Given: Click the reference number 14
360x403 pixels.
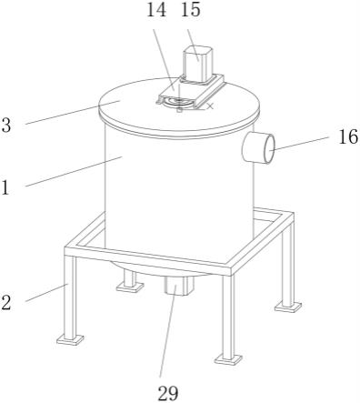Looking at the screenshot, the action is [156, 10].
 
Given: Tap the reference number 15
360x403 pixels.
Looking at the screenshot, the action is [191, 10].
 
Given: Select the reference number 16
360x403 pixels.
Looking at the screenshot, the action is [348, 136].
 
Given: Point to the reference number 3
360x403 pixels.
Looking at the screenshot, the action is [6, 125].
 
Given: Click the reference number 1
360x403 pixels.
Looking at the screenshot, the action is [5, 187].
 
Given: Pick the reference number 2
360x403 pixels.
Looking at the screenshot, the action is [6, 302].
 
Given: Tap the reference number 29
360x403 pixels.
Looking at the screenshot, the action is [168, 393].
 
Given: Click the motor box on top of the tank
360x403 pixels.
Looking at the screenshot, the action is [197, 64].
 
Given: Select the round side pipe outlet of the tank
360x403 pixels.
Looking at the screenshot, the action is [258, 148].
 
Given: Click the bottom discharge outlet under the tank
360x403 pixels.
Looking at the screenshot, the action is [178, 285].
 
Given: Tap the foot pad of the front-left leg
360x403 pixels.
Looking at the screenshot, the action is [70, 339].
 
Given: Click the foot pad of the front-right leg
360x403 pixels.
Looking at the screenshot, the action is [228, 359].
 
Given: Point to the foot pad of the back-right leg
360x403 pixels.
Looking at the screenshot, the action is [288, 307].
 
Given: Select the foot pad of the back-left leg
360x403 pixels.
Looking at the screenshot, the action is [130, 287].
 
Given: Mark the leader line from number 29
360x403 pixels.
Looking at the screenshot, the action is [168, 333].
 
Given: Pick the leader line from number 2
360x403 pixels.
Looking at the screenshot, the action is [46, 292].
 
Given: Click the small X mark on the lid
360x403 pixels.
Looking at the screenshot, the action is [210, 106].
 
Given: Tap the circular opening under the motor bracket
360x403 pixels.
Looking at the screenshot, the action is [178, 103].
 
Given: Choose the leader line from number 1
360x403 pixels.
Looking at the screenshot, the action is [74, 171].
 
